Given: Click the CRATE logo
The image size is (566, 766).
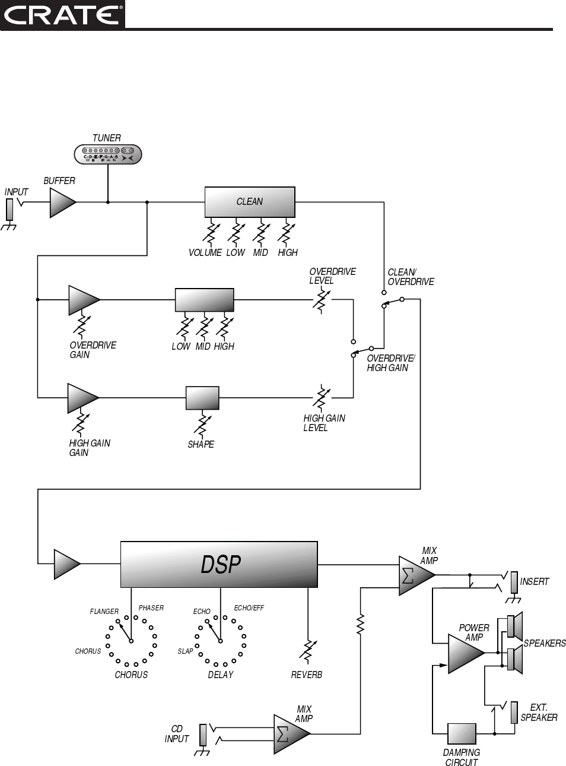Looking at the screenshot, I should click(62, 14).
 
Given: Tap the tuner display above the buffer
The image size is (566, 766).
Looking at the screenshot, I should click(108, 154).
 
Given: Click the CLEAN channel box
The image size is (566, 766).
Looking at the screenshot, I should click(250, 202).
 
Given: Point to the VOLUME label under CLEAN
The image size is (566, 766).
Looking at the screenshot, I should click(205, 253).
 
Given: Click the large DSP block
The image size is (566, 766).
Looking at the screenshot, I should click(219, 564).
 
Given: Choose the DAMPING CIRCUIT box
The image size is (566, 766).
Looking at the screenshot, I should click(462, 734).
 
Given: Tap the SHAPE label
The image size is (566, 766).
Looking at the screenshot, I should click(201, 445).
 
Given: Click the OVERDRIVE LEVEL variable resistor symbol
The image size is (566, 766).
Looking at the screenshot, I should click(321, 299).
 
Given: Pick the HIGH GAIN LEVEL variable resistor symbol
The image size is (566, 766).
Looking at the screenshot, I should click(321, 397).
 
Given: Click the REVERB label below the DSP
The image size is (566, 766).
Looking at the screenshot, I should click(306, 675).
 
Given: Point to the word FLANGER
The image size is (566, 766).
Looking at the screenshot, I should click(104, 612).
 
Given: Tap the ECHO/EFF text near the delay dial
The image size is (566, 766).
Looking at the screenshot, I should click(249, 608).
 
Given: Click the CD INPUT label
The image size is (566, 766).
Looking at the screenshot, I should click(177, 734).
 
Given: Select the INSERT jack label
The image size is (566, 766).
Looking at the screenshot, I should click(535, 582).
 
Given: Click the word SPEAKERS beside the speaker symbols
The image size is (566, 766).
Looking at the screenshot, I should click(545, 644).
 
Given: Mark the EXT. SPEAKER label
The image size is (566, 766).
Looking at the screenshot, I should click(539, 713).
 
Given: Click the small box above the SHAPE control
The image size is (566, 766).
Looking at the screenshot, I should click(202, 398).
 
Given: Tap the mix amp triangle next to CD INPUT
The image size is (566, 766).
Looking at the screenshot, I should click(291, 734).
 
